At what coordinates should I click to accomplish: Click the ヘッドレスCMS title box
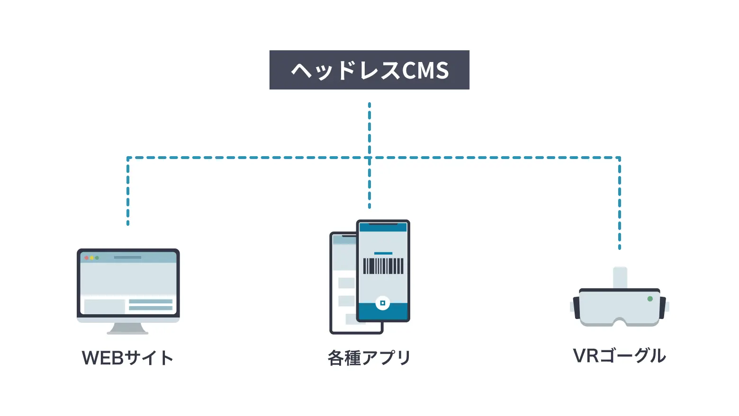369,70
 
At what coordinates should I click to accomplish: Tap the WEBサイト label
127,358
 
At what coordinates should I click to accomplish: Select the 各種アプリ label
369,358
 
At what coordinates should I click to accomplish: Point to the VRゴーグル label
619,355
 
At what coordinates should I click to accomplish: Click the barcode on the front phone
383,266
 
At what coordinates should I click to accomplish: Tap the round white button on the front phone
382,303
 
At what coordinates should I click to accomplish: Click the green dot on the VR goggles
650,299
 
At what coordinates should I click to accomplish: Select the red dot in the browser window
86,258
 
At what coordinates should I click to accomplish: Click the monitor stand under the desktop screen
127,328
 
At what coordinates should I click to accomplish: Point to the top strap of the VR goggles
620,277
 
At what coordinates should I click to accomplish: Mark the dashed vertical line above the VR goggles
619,204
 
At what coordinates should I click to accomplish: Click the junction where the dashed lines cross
369,158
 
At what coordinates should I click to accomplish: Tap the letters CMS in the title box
425,71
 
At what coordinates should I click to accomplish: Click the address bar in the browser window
127,257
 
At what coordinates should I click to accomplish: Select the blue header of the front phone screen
383,228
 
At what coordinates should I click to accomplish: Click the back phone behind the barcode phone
343,284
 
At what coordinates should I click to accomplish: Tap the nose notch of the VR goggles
619,322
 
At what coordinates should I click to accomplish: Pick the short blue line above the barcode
383,254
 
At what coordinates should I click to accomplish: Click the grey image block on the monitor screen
104,306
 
